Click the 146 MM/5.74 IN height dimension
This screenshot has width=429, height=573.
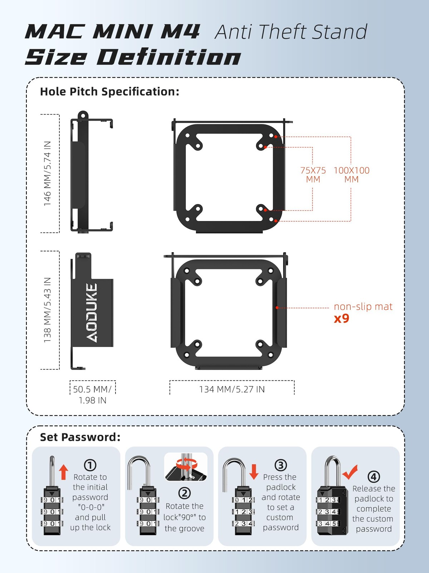[x=47, y=174]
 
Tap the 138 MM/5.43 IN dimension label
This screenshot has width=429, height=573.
[x=47, y=310]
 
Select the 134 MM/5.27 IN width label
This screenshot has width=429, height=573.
[x=232, y=389]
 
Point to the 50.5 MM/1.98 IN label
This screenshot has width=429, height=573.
[x=92, y=394]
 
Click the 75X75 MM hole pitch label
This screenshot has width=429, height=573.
[x=313, y=175]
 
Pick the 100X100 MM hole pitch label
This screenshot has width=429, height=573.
[x=351, y=175]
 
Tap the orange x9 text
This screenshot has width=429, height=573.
[x=341, y=318]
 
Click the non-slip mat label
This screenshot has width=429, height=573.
[x=363, y=307]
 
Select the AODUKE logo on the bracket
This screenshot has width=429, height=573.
[x=92, y=312]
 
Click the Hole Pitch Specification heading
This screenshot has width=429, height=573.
[x=109, y=92]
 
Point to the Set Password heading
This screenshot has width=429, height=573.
[x=80, y=437]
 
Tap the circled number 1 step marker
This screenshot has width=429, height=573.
[x=90, y=465]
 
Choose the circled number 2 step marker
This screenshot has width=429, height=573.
[x=184, y=493]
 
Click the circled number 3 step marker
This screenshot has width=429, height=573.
[x=281, y=465]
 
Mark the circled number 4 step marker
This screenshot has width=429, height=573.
[x=374, y=477]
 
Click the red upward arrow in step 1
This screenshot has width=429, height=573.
[x=64, y=472]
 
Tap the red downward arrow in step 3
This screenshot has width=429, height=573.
[x=254, y=472]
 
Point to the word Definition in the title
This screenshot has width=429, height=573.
[x=169, y=57]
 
